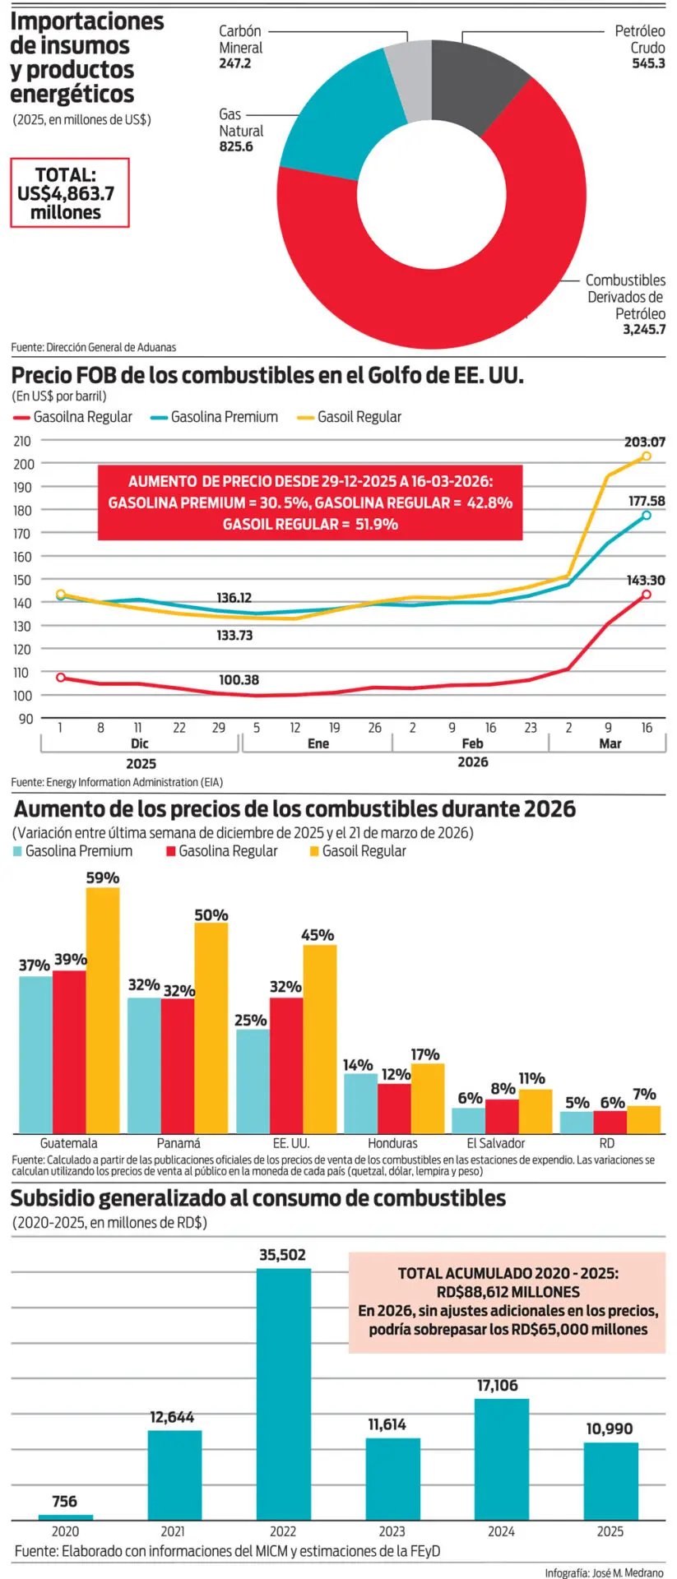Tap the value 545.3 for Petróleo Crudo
coord(648,63)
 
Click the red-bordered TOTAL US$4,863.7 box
coord(69,193)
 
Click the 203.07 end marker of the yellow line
coord(646,456)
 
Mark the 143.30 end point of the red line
coord(646,594)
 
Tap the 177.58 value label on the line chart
coord(647,501)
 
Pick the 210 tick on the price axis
coord(23,441)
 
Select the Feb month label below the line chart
coord(472,743)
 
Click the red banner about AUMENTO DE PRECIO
coord(310,502)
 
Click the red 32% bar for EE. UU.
coord(286,1065)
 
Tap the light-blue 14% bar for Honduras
coord(360,1103)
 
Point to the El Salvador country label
coord(495,1143)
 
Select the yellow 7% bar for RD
coord(643,1119)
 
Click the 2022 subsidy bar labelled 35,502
coord(284,1393)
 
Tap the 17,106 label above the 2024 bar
coord(498,1386)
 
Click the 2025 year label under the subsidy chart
coord(610,1531)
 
